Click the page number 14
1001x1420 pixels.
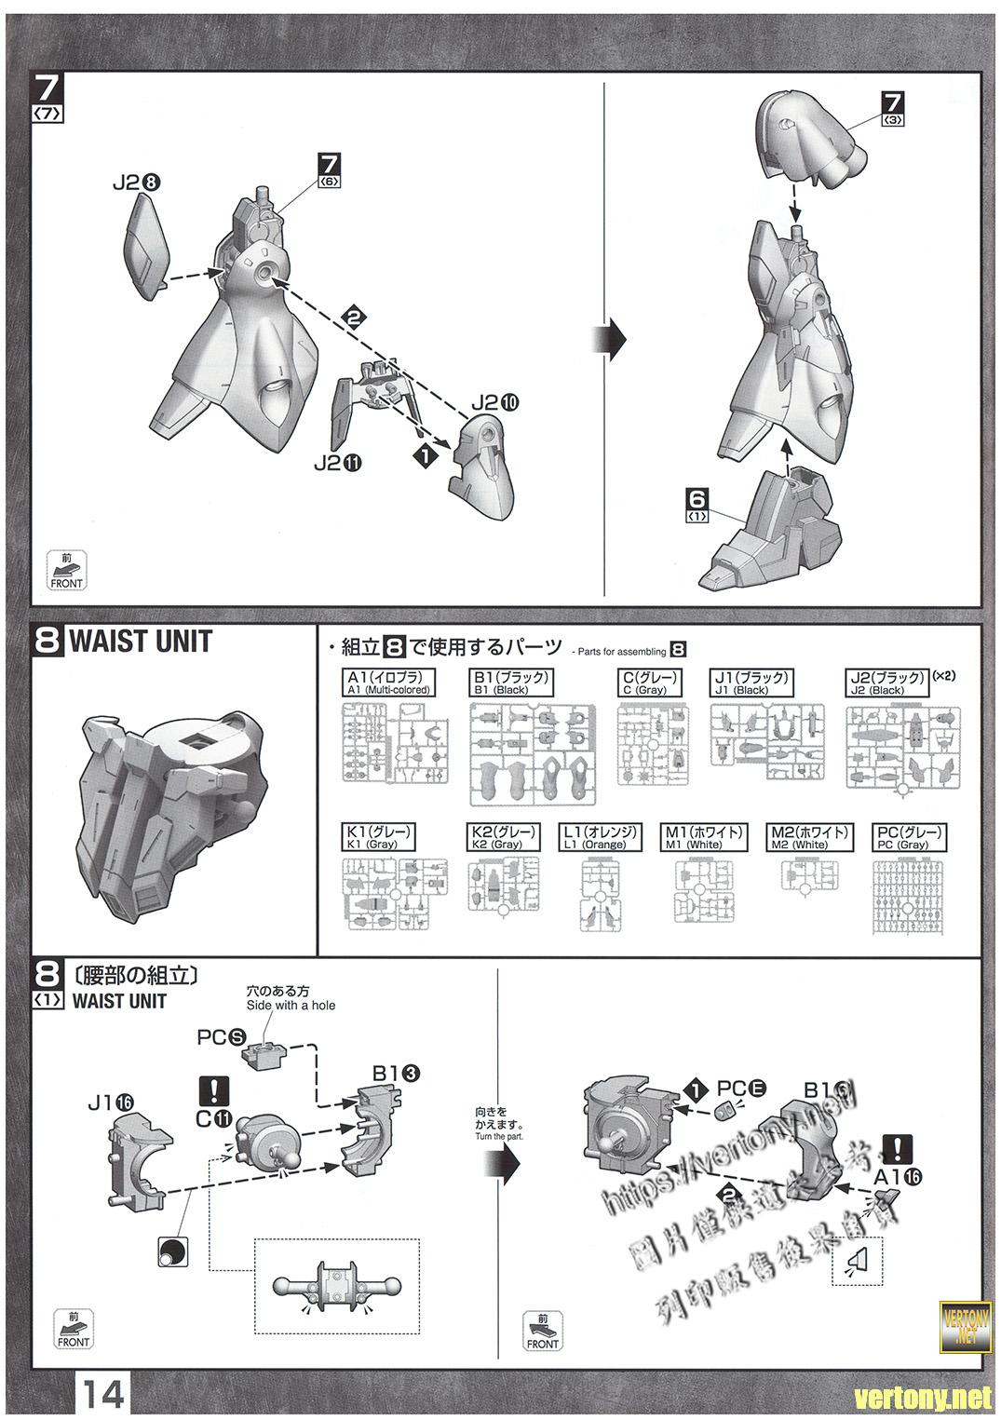point(102,1395)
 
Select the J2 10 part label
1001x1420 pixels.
point(494,403)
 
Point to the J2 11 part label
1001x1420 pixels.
point(338,463)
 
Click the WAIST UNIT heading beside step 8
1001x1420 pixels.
point(141,642)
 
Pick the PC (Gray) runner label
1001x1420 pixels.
point(908,837)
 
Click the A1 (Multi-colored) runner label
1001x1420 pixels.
point(388,683)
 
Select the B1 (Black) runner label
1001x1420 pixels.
point(511,683)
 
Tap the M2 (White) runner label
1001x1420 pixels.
point(809,837)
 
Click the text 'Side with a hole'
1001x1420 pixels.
point(291,1006)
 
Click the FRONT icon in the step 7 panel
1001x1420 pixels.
point(66,571)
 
